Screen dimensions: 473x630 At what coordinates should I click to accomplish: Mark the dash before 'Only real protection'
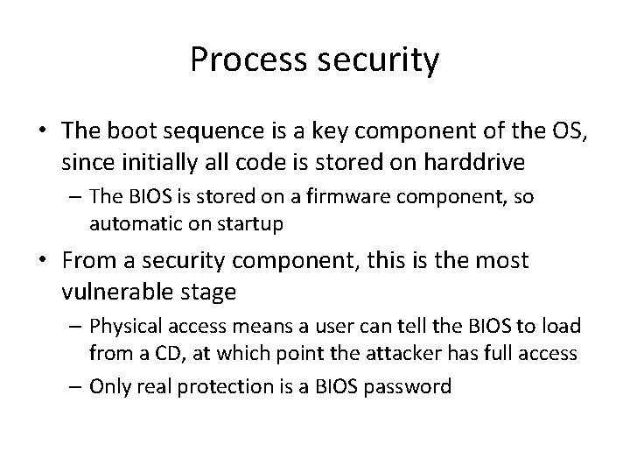76,386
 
